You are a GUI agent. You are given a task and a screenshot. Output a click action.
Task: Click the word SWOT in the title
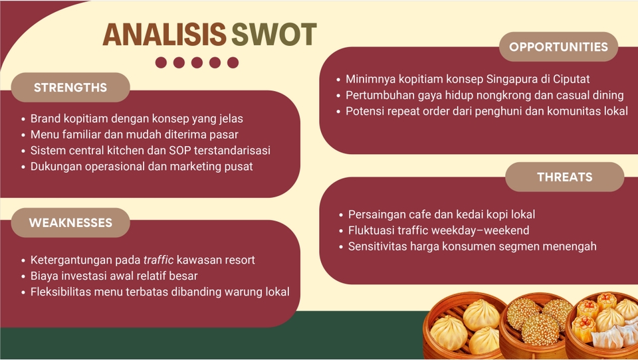pos(274,35)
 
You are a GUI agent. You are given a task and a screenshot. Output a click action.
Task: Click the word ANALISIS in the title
pos(165,35)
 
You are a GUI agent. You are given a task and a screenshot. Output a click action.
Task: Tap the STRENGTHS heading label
pos(70,88)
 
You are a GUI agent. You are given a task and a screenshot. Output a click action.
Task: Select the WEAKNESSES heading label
pos(70,223)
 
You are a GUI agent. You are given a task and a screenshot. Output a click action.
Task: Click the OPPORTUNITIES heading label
pos(558,46)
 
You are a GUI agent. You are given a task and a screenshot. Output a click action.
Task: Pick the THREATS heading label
pos(565,177)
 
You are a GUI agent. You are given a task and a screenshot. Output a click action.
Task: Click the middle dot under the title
pos(197,62)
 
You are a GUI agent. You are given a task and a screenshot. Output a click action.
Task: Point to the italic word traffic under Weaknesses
pos(159,260)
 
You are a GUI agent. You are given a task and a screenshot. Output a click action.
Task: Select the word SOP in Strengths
pos(180,151)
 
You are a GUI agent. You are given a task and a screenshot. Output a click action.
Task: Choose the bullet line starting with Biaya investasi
pos(110,276)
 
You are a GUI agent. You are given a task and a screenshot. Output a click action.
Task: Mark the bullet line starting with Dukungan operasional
pos(138,166)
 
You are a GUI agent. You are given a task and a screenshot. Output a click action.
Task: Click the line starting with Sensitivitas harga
pos(469,246)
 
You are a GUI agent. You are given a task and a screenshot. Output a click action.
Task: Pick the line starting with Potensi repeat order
pos(482,111)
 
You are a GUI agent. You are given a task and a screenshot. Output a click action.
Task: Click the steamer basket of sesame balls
pos(537,325)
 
